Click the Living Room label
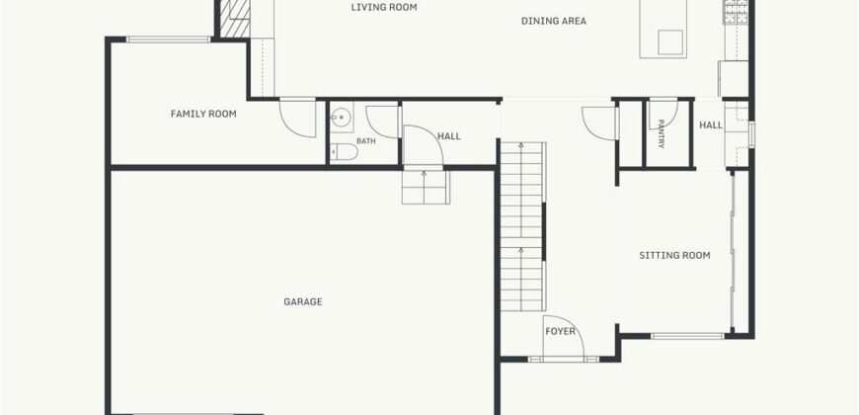click(384, 7)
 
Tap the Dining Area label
click(553, 21)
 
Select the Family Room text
click(203, 114)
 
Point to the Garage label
click(303, 301)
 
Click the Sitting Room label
click(674, 255)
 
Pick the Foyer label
click(561, 332)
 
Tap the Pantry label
click(662, 134)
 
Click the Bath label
click(366, 141)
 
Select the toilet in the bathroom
click(344, 152)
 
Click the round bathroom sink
click(342, 117)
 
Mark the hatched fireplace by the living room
click(234, 19)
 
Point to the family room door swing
click(297, 119)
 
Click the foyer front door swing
click(563, 336)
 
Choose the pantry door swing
click(664, 114)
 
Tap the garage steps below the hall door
click(426, 188)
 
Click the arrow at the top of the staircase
click(522, 145)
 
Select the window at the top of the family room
click(168, 40)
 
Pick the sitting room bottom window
click(687, 336)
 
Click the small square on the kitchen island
click(670, 42)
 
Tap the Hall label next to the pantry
click(711, 125)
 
